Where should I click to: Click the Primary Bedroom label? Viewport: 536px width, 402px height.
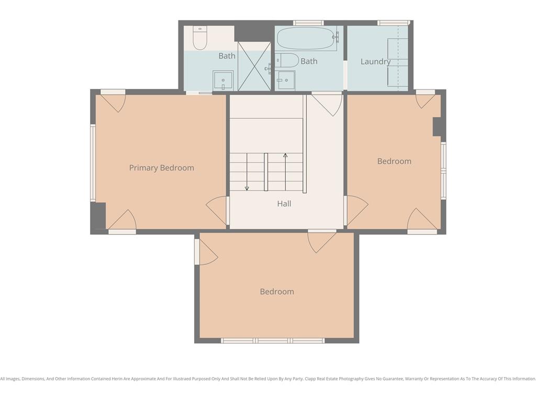tap(161, 168)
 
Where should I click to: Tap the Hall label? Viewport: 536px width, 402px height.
tap(284, 204)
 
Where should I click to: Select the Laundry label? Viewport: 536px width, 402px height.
tap(376, 62)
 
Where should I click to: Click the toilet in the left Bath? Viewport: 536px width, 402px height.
tap(200, 38)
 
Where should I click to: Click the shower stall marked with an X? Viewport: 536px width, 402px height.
tap(254, 66)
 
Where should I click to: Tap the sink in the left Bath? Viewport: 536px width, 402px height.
tap(223, 80)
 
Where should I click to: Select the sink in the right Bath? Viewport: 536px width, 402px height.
tap(285, 80)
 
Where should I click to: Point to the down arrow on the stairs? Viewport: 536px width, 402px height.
tap(247, 172)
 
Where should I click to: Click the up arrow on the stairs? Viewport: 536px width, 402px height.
tap(285, 172)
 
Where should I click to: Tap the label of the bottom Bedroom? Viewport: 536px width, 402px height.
tap(277, 292)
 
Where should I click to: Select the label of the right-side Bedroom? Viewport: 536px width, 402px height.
tap(394, 161)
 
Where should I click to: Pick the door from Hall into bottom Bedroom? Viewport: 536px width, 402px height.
tap(322, 241)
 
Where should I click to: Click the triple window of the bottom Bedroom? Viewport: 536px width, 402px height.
tap(272, 340)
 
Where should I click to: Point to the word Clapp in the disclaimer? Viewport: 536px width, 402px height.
tap(311, 379)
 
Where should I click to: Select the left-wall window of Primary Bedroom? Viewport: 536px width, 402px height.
tap(93, 162)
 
